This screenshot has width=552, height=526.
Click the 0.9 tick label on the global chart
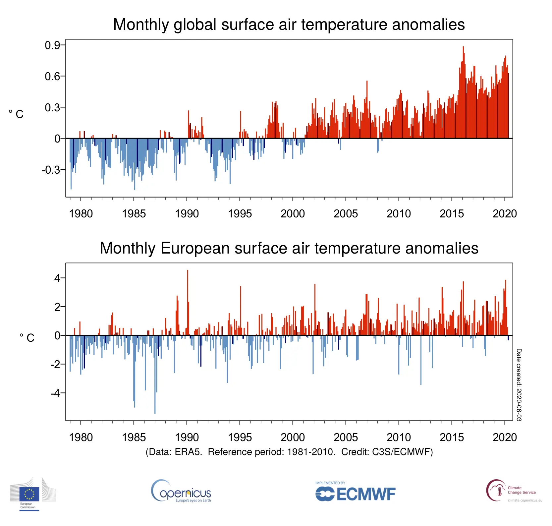pyautogui.click(x=52, y=45)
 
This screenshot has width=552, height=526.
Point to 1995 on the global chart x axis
pyautogui.click(x=240, y=213)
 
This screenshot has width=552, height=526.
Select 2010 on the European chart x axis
pyautogui.click(x=399, y=437)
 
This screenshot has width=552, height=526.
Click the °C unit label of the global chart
pyautogui.click(x=16, y=114)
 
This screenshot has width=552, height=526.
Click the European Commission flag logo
pyautogui.click(x=29, y=494)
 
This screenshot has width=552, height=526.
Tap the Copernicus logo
pyautogui.click(x=181, y=491)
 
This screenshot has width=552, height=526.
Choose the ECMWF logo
pyautogui.click(x=355, y=493)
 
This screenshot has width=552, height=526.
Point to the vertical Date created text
pyautogui.click(x=519, y=384)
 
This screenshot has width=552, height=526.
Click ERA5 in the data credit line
pyautogui.click(x=188, y=452)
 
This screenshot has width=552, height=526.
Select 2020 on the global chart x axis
pyautogui.click(x=504, y=213)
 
